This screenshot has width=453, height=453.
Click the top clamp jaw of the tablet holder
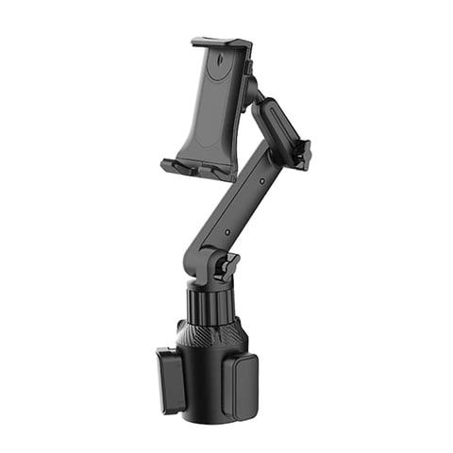pos(221,43)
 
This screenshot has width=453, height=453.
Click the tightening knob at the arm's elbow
pos(301,155)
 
